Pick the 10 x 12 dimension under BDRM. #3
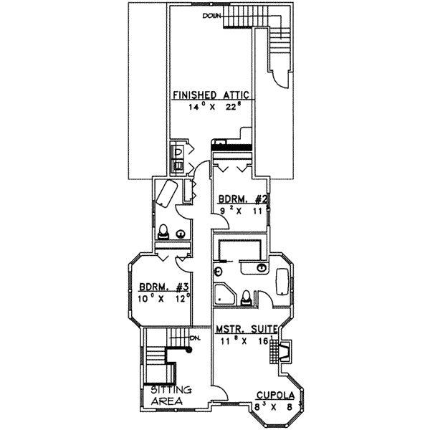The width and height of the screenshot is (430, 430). click(166, 297)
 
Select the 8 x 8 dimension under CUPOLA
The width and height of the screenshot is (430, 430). click(274, 407)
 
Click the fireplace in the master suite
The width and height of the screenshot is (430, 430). click(284, 352)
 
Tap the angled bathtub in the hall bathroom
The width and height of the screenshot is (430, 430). click(166, 193)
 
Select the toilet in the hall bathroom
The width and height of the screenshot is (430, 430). click(163, 231)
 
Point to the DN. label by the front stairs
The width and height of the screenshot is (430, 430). click(193, 339)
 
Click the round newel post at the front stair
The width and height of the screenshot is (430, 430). click(190, 350)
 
